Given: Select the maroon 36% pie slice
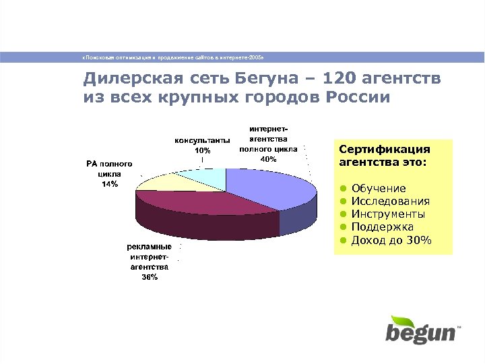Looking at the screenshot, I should [x=202, y=206].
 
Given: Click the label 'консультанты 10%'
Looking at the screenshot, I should [x=202, y=145].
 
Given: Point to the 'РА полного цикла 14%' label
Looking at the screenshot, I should [x=109, y=174].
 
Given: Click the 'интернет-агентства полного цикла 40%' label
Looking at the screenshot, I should [x=268, y=144].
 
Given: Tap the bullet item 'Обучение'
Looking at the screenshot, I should [x=379, y=189].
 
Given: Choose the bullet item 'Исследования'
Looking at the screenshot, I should [x=391, y=202].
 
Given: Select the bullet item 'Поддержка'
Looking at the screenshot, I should [x=383, y=228].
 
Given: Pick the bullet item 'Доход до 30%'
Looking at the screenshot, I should [x=391, y=241].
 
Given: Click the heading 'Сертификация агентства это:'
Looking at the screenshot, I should [x=384, y=156].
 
